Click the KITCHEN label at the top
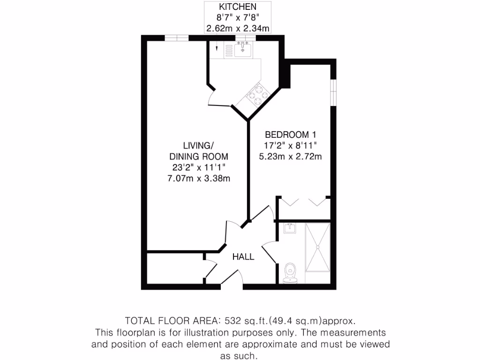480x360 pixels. pyautogui.click(x=238, y=7)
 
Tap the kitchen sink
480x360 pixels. pyautogui.click(x=243, y=49)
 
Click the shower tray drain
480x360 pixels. pyautogui.click(x=317, y=247)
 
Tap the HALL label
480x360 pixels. pyautogui.click(x=244, y=256)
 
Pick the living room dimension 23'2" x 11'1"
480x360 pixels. pyautogui.click(x=199, y=167)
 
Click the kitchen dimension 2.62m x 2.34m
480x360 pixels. pyautogui.click(x=238, y=29)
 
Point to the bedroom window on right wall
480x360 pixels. pyautogui.click(x=333, y=92)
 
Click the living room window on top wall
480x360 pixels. pyautogui.click(x=176, y=38)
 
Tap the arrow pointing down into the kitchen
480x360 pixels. pyautogui.click(x=217, y=48)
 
